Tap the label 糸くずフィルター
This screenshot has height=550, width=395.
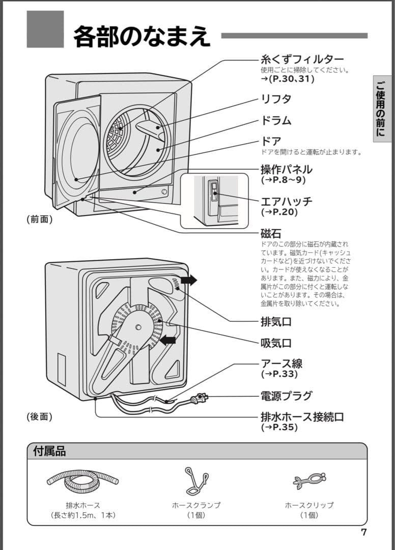(x=302, y=60)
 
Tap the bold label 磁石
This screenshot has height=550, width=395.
(x=271, y=234)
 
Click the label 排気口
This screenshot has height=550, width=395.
(x=276, y=322)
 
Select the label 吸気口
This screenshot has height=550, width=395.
(x=276, y=343)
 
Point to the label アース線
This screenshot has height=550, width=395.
(x=281, y=364)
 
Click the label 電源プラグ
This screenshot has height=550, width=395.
(x=286, y=396)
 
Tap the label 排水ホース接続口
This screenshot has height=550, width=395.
(x=302, y=417)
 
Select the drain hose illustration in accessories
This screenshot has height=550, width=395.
(x=83, y=480)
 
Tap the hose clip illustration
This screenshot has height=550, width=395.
(x=309, y=480)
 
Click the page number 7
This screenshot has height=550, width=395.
(x=363, y=533)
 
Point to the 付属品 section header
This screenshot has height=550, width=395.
(x=49, y=451)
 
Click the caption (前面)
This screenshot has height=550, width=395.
(x=40, y=219)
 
